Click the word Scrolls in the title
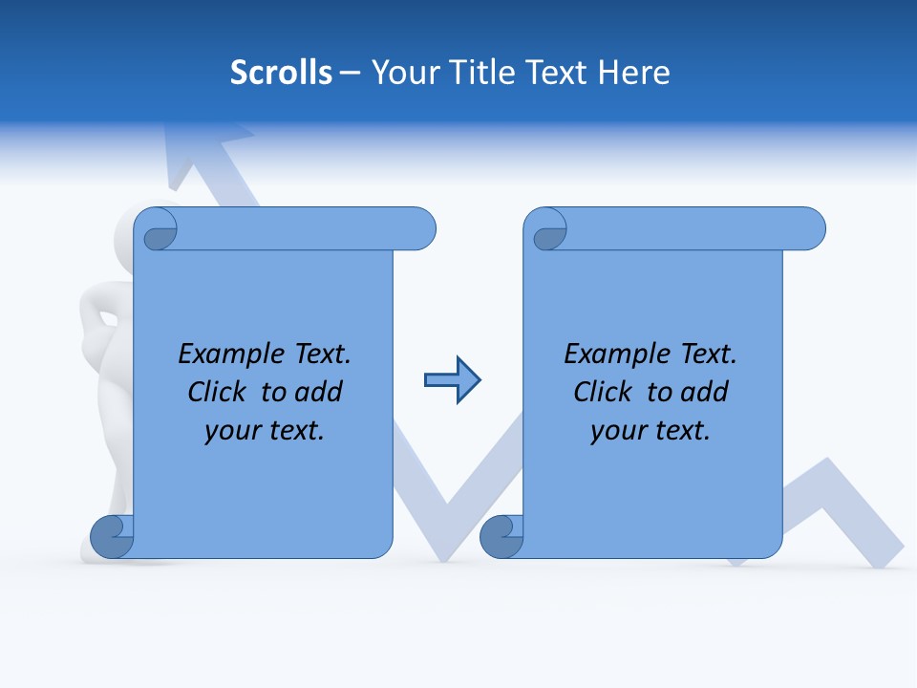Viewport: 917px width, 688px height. (x=281, y=73)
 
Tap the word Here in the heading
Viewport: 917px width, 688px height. (x=634, y=73)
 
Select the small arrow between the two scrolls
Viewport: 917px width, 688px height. (x=453, y=380)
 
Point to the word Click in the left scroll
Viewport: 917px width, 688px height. (x=220, y=392)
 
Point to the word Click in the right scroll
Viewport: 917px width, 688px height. (x=606, y=392)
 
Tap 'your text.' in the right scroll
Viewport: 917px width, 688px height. (x=650, y=430)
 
